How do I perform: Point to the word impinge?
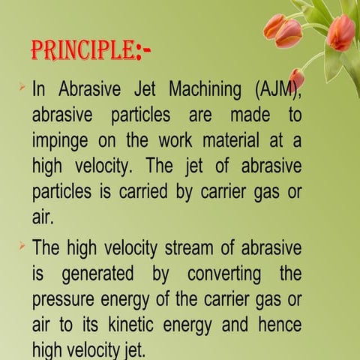(61, 142)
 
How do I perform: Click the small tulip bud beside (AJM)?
(297, 77)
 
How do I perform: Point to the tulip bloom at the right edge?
(341, 32)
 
